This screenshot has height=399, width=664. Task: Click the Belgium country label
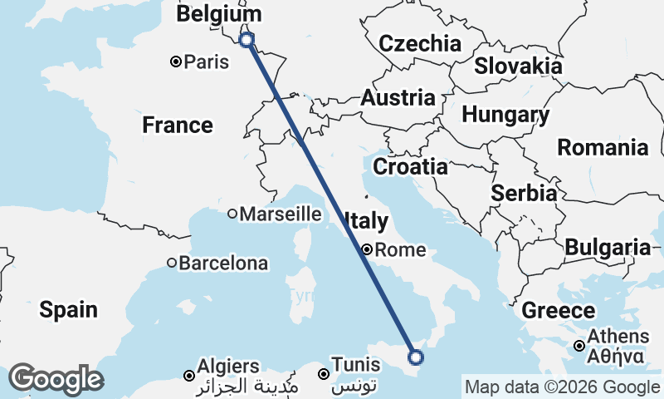point(219,15)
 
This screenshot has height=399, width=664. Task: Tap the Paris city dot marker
point(176,62)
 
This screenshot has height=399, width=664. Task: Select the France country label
point(177,126)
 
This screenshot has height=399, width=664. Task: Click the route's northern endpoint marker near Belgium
point(246,39)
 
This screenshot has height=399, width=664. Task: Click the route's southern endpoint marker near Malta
point(416,357)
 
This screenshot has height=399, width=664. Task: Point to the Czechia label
point(419,43)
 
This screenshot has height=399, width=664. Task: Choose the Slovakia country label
point(518,66)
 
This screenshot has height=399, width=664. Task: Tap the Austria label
point(398,98)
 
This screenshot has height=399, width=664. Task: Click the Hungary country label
point(505,116)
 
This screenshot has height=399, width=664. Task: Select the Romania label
point(603,148)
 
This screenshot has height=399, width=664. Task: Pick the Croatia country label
point(410,167)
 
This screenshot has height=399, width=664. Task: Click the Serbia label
point(524,193)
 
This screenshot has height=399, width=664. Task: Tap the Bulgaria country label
point(608,247)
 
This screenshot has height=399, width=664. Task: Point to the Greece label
point(559,311)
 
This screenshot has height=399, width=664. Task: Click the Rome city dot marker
point(366,249)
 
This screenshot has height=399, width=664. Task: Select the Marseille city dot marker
point(232,214)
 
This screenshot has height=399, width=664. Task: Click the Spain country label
point(68,310)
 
